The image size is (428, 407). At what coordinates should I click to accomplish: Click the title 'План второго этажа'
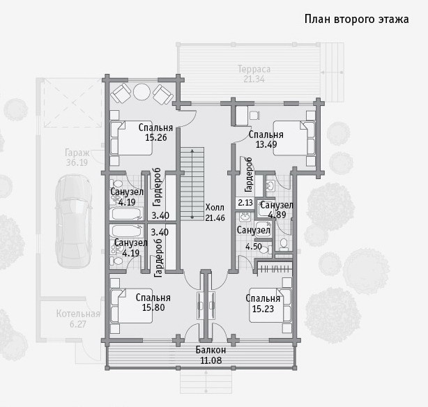point(356,20)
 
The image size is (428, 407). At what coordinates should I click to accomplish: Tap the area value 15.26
point(156,137)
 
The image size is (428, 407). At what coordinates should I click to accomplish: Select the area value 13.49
point(266,144)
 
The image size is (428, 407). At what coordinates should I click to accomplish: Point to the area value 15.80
point(153,307)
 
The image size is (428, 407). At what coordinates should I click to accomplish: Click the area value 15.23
point(263,309)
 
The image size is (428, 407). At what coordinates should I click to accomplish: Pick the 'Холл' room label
point(215,207)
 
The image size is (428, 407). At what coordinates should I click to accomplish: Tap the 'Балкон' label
point(211,350)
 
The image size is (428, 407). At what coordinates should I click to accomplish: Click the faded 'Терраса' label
point(254,69)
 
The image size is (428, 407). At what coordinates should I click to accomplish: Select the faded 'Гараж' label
point(77,153)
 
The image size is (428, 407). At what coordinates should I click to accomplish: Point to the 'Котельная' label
point(78,314)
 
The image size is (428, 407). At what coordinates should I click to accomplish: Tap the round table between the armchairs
point(142,92)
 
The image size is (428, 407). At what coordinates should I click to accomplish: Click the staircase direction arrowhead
point(192,151)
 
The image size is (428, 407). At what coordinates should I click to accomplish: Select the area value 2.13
point(245,203)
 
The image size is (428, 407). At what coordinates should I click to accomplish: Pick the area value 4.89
point(277,215)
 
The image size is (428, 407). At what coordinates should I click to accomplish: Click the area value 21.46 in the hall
point(215,217)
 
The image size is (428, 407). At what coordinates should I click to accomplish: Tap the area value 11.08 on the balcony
point(211,360)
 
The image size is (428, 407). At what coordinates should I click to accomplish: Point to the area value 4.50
point(254,247)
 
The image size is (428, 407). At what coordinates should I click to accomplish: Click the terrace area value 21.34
point(254,79)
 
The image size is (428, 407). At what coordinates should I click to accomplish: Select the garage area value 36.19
point(77,162)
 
